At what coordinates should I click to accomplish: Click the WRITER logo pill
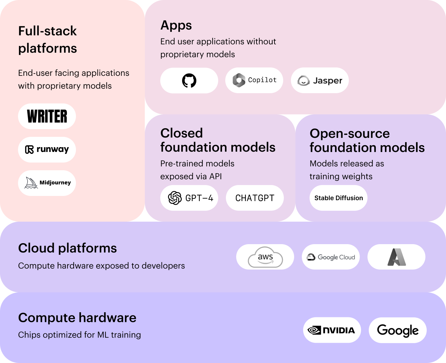point(47,116)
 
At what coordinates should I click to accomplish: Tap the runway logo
point(47,149)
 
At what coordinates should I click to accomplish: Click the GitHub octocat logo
point(189,80)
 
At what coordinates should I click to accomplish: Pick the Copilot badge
point(254,80)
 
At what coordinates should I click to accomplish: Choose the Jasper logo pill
point(320,80)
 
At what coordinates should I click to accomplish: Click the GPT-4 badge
point(189,198)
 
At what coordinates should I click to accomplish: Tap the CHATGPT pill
point(255,198)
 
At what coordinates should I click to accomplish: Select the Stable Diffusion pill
point(338,198)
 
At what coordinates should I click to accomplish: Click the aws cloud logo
point(265,257)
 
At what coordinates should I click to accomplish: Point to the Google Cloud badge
point(331,257)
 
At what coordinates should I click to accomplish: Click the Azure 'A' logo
point(396,257)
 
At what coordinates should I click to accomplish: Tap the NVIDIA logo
point(331,330)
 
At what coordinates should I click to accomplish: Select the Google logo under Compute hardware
point(398,330)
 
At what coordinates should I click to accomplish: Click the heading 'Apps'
point(176,26)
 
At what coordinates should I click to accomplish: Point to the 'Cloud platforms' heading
point(68,248)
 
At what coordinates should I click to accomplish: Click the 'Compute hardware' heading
point(77,318)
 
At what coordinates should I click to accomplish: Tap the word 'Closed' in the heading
point(181,133)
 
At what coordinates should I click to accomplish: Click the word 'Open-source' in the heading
point(349,134)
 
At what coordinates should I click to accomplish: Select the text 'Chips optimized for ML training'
point(79,335)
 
